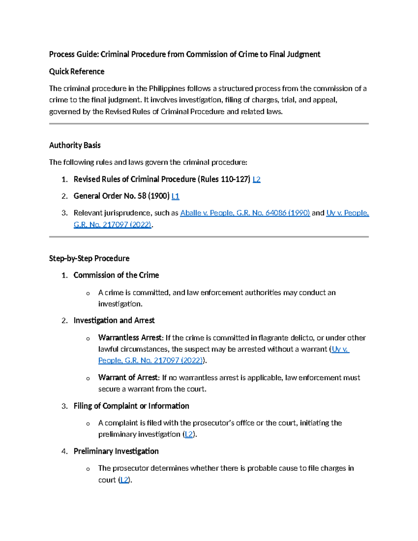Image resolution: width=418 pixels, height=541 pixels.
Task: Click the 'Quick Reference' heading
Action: [x=77, y=71]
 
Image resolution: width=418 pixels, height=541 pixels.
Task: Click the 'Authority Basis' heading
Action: [x=75, y=145]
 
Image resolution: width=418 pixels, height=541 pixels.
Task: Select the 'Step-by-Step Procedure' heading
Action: [x=89, y=258]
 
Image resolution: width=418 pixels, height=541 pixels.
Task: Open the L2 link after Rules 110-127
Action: [x=256, y=179]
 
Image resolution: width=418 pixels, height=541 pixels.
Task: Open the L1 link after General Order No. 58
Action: [x=176, y=196]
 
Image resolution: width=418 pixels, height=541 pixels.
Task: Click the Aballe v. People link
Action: [x=245, y=213]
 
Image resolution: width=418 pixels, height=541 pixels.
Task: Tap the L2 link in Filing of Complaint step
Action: [x=188, y=434]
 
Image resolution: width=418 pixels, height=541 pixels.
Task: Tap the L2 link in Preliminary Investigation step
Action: [x=124, y=480]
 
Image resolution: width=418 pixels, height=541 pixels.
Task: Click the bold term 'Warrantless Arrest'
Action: [x=130, y=338]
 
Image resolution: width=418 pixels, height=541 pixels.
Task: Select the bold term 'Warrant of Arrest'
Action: [x=128, y=377]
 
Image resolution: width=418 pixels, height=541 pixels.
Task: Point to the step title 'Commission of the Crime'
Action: [x=116, y=275]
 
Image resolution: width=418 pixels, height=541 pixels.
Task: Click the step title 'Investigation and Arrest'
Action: [x=114, y=320]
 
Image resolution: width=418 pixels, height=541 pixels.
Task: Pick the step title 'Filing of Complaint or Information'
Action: [x=131, y=406]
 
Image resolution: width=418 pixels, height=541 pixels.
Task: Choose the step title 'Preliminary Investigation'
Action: [x=116, y=451]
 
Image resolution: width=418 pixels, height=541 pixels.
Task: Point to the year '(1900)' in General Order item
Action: [x=159, y=196]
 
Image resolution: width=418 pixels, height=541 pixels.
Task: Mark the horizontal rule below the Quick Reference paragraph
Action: [x=209, y=123]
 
